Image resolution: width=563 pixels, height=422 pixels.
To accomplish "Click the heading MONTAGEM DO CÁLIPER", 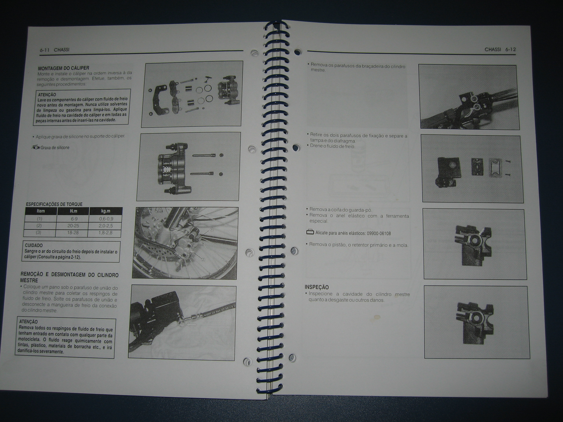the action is (x=64, y=68).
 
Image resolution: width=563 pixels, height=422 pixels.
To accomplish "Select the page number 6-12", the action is (x=511, y=50).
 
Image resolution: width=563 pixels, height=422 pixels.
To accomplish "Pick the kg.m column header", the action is (x=106, y=211).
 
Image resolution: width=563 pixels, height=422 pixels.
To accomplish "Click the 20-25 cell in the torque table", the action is (x=73, y=226).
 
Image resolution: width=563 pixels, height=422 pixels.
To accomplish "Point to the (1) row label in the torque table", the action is (x=40, y=219).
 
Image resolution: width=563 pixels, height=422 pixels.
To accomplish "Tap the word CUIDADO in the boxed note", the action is (x=34, y=245).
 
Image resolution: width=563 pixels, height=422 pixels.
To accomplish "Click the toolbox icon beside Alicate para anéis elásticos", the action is (x=310, y=232).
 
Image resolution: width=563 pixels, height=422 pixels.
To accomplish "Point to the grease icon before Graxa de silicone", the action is (x=36, y=147).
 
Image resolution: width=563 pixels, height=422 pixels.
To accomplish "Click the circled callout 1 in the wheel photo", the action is (x=211, y=230).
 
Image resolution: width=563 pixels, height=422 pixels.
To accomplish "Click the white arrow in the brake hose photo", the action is (x=191, y=325).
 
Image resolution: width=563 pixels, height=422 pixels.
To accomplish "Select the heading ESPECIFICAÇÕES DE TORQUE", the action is (x=54, y=204).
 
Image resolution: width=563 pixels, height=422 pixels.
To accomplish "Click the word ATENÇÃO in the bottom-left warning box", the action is (x=29, y=322).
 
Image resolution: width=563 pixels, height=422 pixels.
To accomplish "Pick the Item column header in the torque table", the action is (x=41, y=211).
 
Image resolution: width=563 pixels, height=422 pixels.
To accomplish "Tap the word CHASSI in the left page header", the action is (x=62, y=50).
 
